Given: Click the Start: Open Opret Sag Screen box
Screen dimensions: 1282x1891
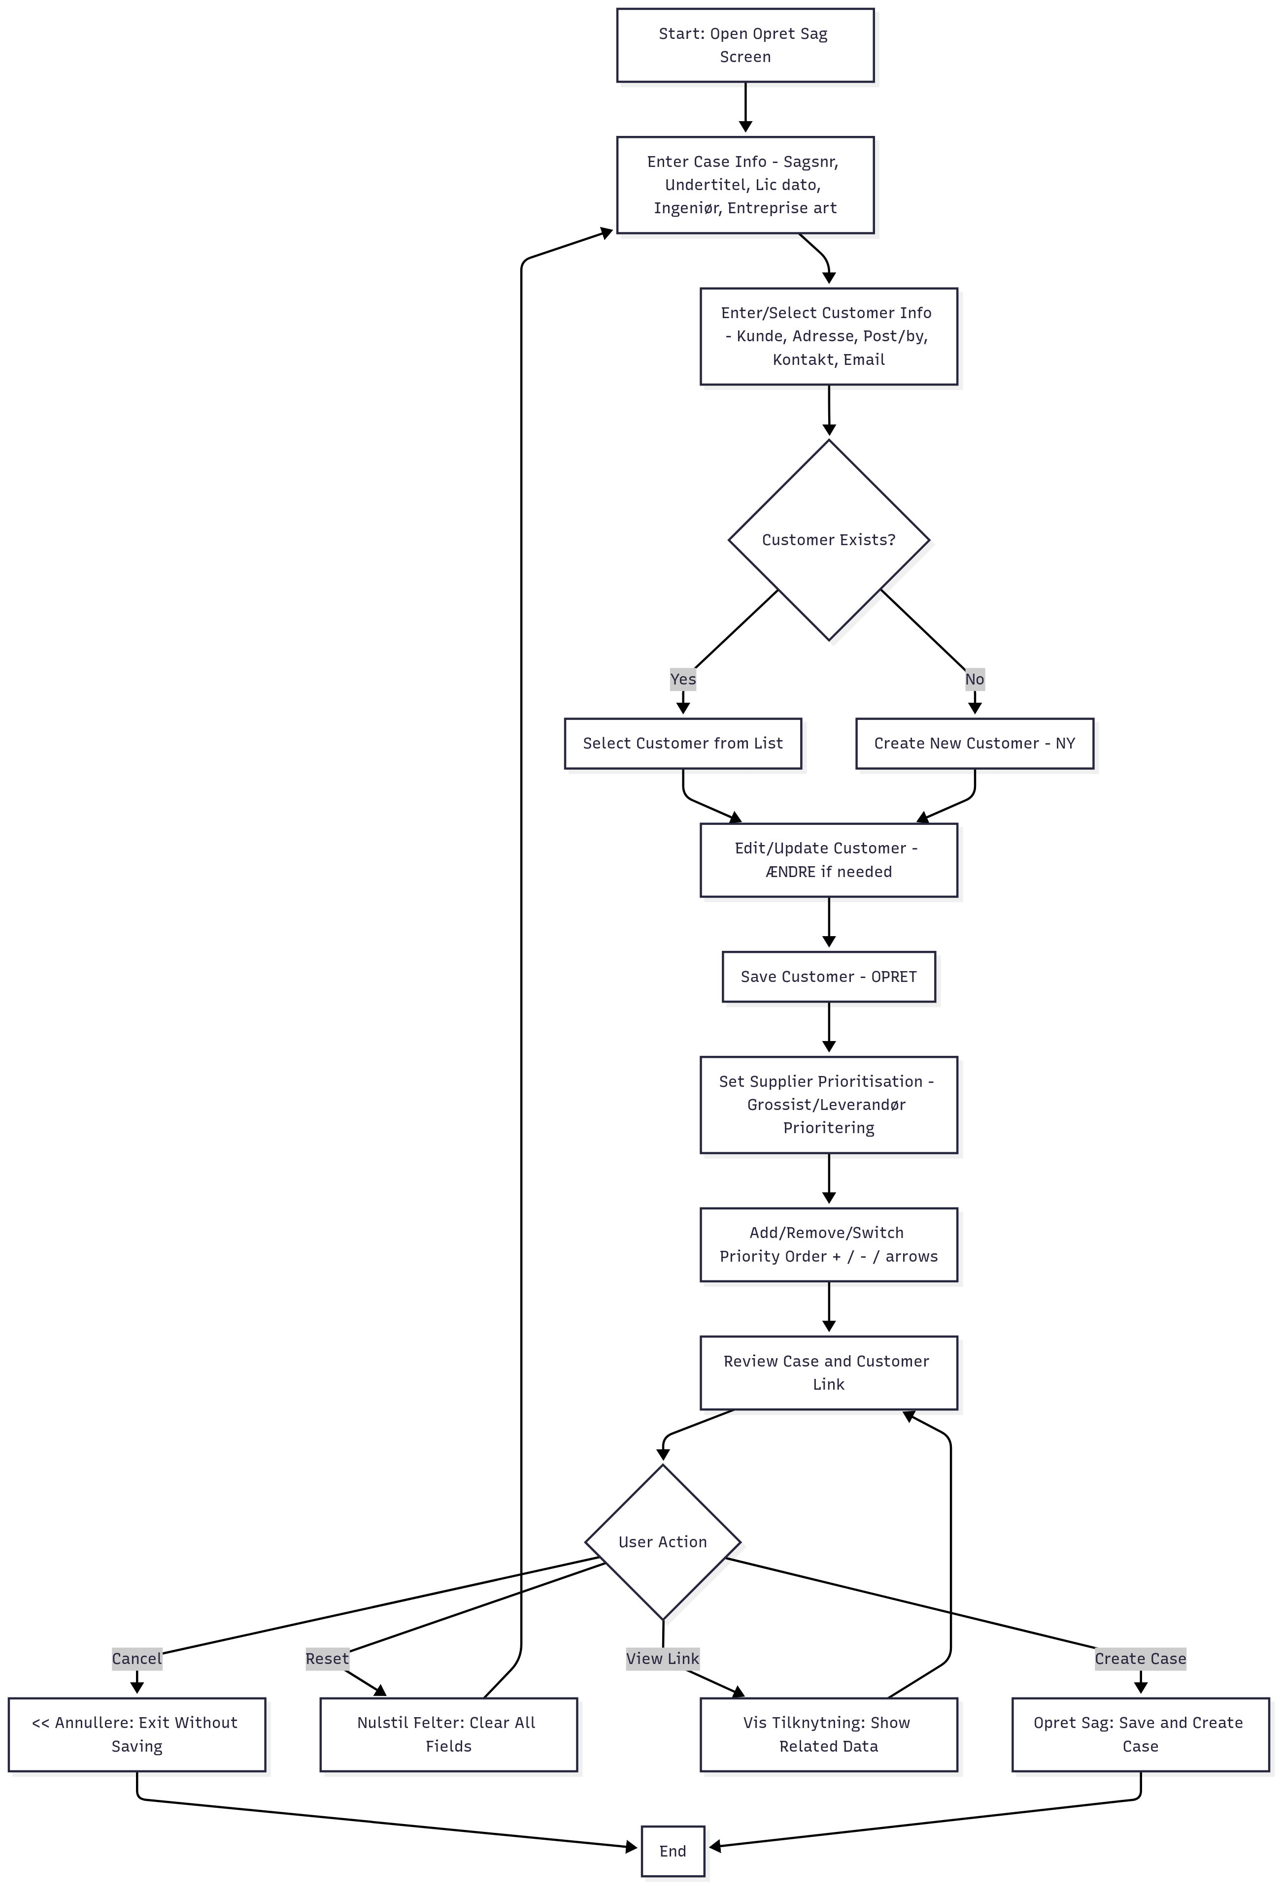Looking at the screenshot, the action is click(x=745, y=46).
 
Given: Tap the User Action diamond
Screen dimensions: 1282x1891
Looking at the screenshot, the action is click(x=663, y=1542).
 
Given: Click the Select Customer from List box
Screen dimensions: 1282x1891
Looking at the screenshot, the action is click(x=683, y=744).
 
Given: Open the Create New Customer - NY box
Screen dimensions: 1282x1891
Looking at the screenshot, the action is click(x=975, y=744).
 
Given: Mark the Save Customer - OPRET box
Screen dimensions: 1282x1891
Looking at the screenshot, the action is click(x=829, y=977).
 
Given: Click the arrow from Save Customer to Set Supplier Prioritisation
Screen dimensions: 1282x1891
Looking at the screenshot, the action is click(x=829, y=1027).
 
